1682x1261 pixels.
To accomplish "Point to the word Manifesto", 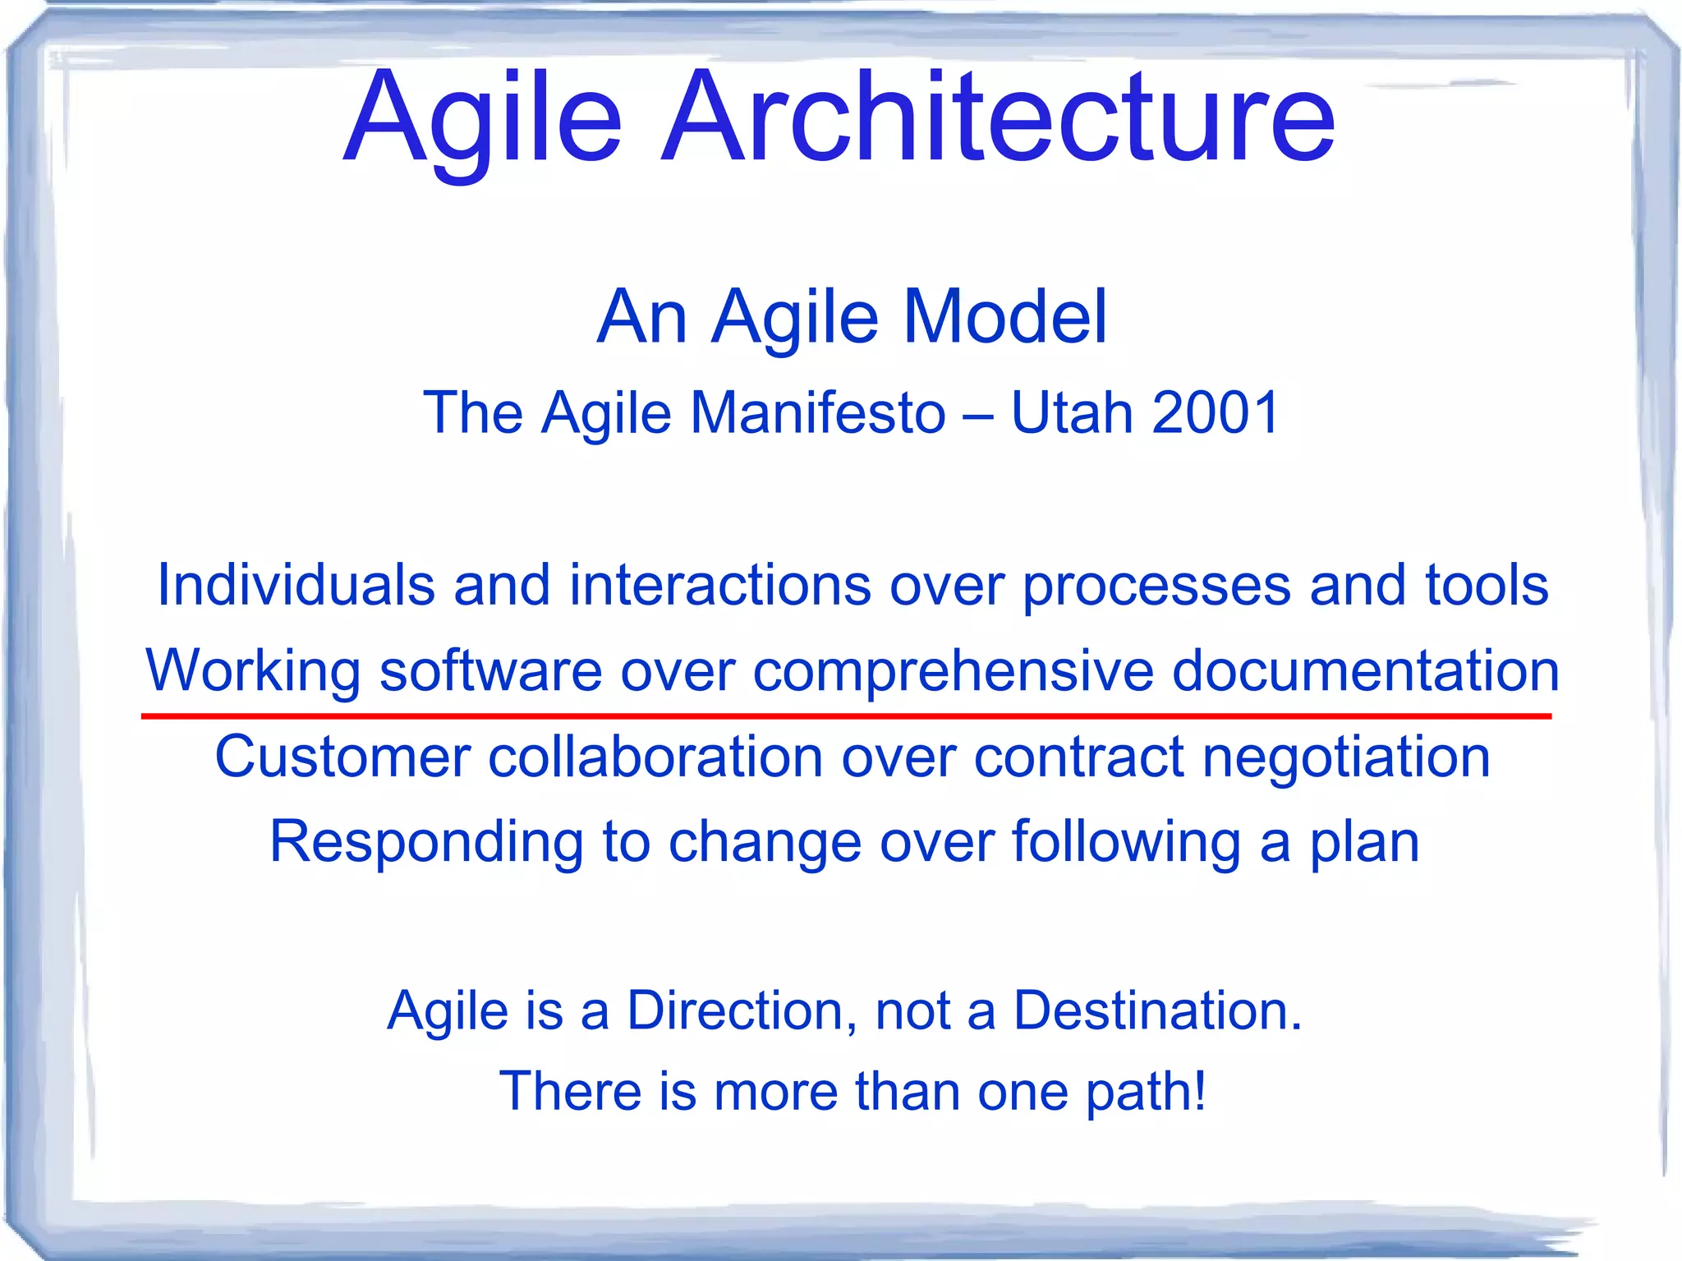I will [x=817, y=412].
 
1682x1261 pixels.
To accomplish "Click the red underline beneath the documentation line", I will [x=846, y=716].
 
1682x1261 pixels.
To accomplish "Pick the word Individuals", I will [x=296, y=585].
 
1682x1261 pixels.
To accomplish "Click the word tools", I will [x=1487, y=585].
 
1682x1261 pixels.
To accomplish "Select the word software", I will [x=490, y=670].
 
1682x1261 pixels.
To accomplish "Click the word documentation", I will [x=1365, y=670].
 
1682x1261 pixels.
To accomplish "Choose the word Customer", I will [x=342, y=757].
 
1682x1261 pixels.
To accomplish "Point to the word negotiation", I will [x=1346, y=757].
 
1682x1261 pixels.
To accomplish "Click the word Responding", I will [x=426, y=843].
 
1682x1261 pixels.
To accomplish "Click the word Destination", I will [x=1156, y=1010].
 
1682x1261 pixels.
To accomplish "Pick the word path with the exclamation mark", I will [x=1146, y=1093].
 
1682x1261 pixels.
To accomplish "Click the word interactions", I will [x=720, y=585].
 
